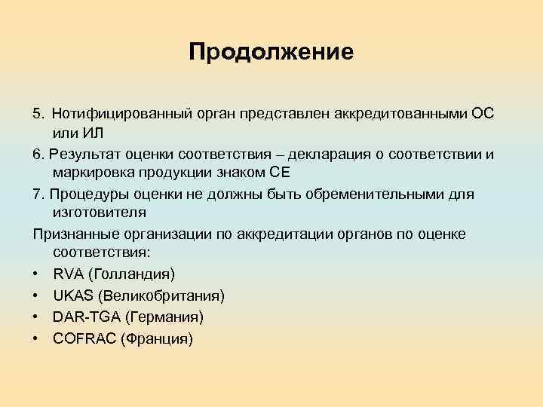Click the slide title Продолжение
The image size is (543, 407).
271,52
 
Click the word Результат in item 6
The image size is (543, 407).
82,155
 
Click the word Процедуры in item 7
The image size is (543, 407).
84,194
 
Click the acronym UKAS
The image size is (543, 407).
72,295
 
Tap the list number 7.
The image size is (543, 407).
37,194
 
